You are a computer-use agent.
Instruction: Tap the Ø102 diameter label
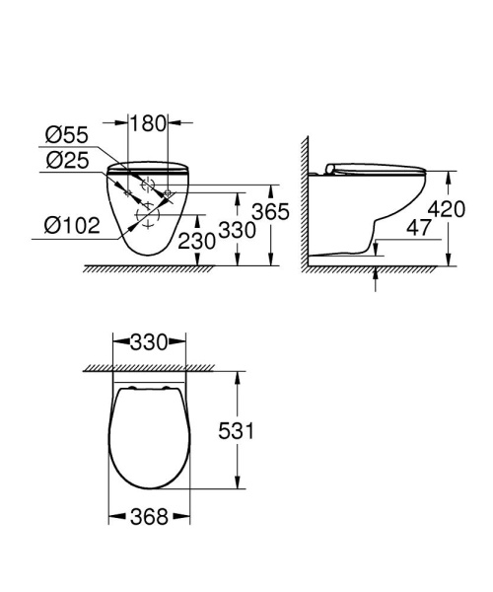pos(72,225)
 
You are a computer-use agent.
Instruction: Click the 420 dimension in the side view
pos(471,208)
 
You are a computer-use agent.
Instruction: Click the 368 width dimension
pos(146,516)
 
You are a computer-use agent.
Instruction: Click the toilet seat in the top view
pos(147,435)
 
